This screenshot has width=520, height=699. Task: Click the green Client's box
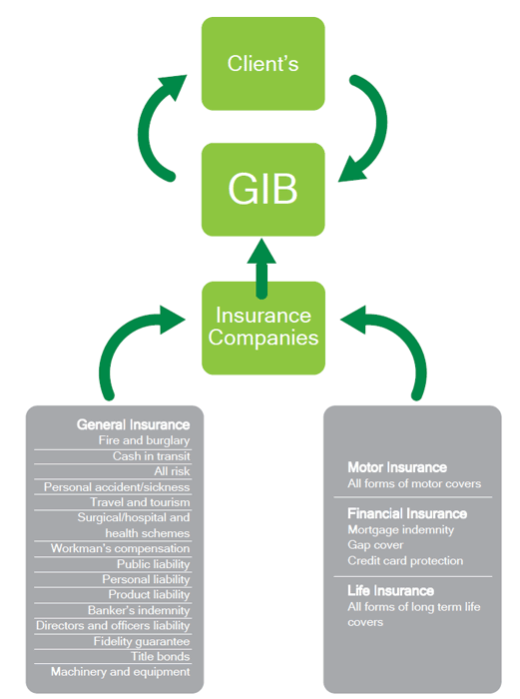click(x=262, y=64)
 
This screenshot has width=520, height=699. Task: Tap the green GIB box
click(x=262, y=190)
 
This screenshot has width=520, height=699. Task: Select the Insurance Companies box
click(x=263, y=329)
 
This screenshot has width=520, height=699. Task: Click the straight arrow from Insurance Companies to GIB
click(x=261, y=268)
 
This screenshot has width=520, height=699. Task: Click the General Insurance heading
click(x=133, y=424)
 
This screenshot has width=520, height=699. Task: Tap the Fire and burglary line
click(x=144, y=440)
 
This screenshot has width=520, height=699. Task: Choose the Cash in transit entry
click(x=151, y=456)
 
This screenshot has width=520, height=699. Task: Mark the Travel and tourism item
click(x=140, y=502)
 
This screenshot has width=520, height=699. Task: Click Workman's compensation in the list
click(x=121, y=548)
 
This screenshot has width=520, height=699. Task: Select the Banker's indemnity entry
click(x=139, y=610)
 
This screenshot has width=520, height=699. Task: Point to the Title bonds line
click(x=161, y=656)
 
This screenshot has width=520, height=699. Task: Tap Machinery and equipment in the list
click(x=121, y=672)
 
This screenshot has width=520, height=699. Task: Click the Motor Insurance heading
click(x=397, y=467)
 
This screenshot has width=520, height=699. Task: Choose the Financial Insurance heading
click(x=407, y=513)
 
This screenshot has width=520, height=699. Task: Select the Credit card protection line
click(x=405, y=561)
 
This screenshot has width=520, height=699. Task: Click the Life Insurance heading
click(x=391, y=591)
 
